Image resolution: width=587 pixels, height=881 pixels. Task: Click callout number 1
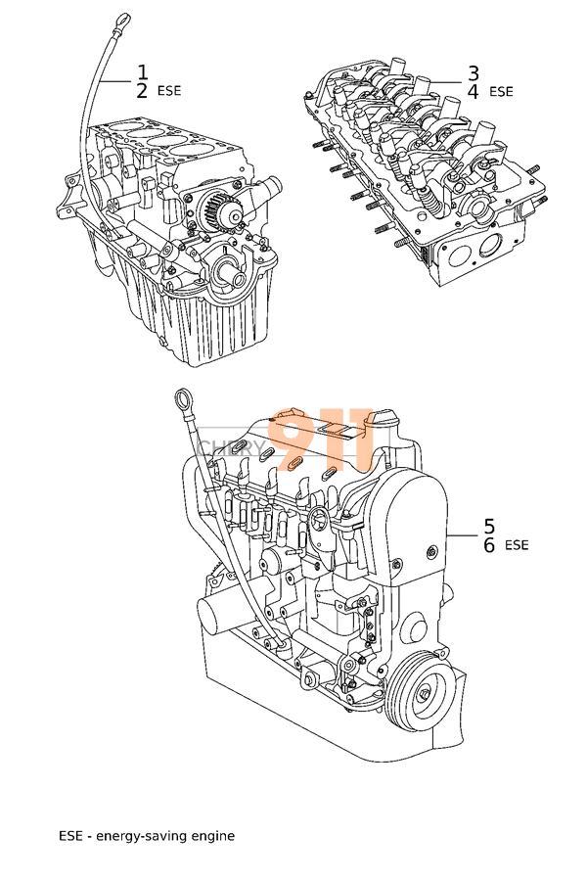(142, 71)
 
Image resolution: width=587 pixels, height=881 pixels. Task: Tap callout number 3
(473, 72)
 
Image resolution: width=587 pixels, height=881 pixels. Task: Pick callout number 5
(489, 526)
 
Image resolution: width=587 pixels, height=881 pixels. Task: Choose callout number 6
(489, 544)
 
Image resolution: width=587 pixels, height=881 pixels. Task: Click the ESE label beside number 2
(169, 91)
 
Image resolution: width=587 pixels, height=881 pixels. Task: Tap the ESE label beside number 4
(500, 92)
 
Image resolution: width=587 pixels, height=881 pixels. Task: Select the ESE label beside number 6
(517, 545)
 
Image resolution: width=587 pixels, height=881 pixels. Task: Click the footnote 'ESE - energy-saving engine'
(147, 836)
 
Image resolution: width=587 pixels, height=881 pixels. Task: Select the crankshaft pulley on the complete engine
(423, 694)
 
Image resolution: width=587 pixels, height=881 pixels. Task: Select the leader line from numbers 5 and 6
(462, 534)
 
